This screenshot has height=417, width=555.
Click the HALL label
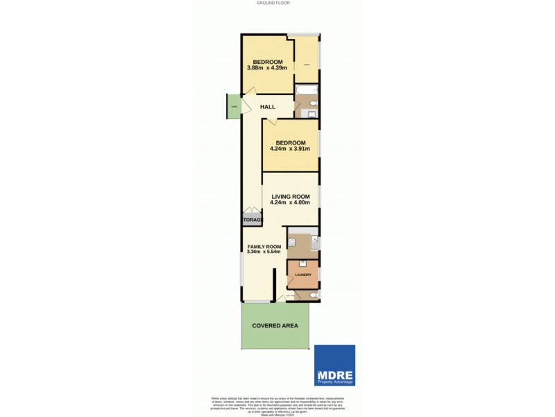pos(268,107)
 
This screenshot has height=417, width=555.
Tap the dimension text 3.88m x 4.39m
pos(267,67)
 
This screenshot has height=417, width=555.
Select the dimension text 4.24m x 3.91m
pos(290,149)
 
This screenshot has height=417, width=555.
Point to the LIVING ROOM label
pos(290,196)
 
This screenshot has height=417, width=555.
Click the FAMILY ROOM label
pos(264,247)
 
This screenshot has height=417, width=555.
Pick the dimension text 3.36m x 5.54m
pos(264,252)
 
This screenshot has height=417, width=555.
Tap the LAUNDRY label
pos(302,275)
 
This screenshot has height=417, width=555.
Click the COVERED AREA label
pos(275,325)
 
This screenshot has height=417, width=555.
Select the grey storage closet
pos(253,220)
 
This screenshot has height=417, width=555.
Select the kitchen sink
pos(314,243)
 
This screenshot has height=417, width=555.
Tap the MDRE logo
pos(334,366)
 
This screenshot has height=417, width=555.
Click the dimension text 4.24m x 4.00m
pos(290,202)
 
